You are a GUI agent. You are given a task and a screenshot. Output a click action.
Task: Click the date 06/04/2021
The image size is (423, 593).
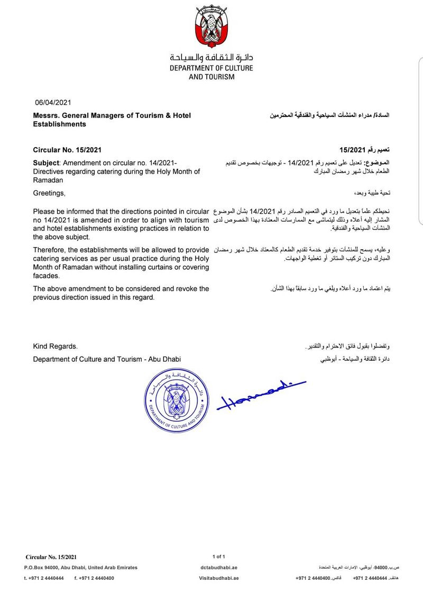coord(52,103)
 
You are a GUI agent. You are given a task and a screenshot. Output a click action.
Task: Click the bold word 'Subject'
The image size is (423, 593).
coord(47,162)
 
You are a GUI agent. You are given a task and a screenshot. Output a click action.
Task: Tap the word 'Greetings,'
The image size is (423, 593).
coord(49,193)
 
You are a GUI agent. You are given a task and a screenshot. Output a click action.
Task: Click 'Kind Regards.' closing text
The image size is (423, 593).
coord(55,346)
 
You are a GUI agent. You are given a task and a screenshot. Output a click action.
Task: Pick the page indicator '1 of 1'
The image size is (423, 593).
coord(219,556)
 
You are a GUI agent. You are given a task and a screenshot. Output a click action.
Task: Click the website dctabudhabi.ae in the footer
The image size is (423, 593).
coord(219,567)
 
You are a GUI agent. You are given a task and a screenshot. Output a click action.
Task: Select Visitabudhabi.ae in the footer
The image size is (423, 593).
coord(219,578)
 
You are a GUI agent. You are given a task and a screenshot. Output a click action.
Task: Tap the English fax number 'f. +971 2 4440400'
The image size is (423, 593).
coord(94,578)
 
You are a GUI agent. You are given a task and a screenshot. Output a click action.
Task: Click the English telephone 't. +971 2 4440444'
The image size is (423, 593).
coord(44,578)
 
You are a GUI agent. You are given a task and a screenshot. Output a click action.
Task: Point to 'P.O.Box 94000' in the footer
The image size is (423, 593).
coord(43,567)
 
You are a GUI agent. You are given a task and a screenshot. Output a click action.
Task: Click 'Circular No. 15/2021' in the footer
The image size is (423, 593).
coord(51,556)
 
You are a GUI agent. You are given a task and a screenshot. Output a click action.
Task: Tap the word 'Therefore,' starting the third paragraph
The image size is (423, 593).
coord(50,249)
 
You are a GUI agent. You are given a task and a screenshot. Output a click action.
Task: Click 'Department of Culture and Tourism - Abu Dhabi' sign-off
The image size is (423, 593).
coord(107,359)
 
